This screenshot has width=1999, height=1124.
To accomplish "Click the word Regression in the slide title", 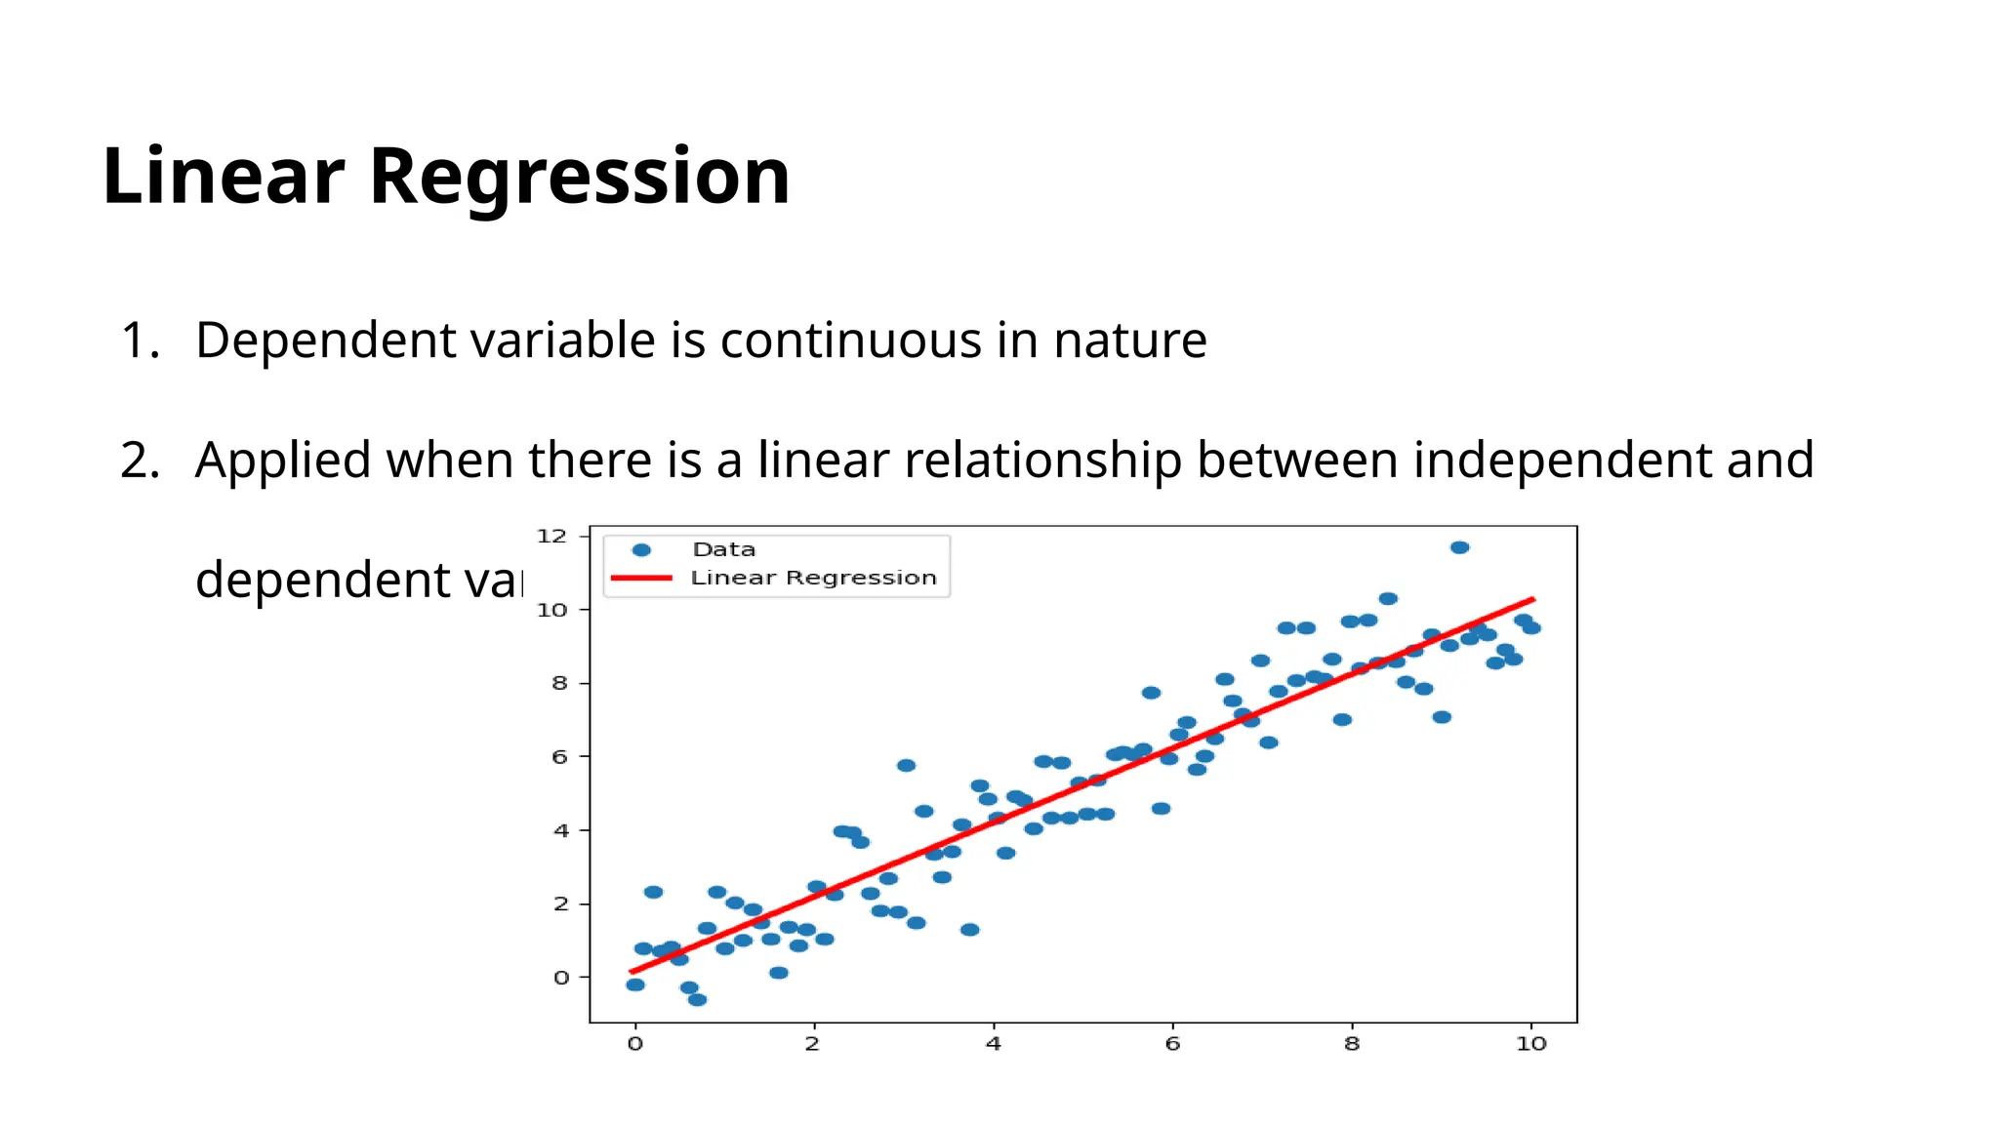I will pos(579,177).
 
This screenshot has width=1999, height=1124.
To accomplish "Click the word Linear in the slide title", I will pos(224,177).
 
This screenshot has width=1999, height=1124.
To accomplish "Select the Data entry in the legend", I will pos(723,549).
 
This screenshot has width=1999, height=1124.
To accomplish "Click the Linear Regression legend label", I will pos(813,578).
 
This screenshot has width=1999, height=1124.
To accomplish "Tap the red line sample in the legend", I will pos(641,578).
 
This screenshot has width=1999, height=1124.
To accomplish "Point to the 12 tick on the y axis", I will pos(551,536).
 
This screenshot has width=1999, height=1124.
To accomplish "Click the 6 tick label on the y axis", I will pos(559,756).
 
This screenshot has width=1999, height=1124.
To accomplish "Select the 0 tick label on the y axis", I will pos(560,977).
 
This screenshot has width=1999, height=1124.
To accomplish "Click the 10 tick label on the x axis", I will pos(1530,1044).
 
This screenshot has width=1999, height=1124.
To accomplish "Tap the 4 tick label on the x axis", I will pos(993,1044).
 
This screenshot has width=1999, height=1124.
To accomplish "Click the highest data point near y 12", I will pos(1459,547).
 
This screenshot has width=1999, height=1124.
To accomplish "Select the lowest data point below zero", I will pos(697,999).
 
